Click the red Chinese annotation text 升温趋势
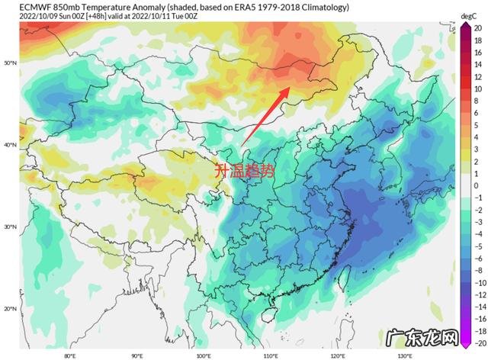pyautogui.click(x=242, y=171)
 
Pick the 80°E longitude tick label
pyautogui.click(x=70, y=355)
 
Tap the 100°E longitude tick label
pyautogui.click(x=203, y=355)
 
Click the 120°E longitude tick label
pyautogui.click(x=335, y=355)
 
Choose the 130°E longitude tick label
pyautogui.click(x=402, y=355)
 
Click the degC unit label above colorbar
pyautogui.click(x=467, y=15)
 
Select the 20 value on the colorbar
pyautogui.click(x=477, y=28)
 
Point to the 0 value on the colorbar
pyautogui.click(x=477, y=185)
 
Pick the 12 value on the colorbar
pyautogui.click(x=477, y=76)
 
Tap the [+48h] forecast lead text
pyautogui.click(x=97, y=15)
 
